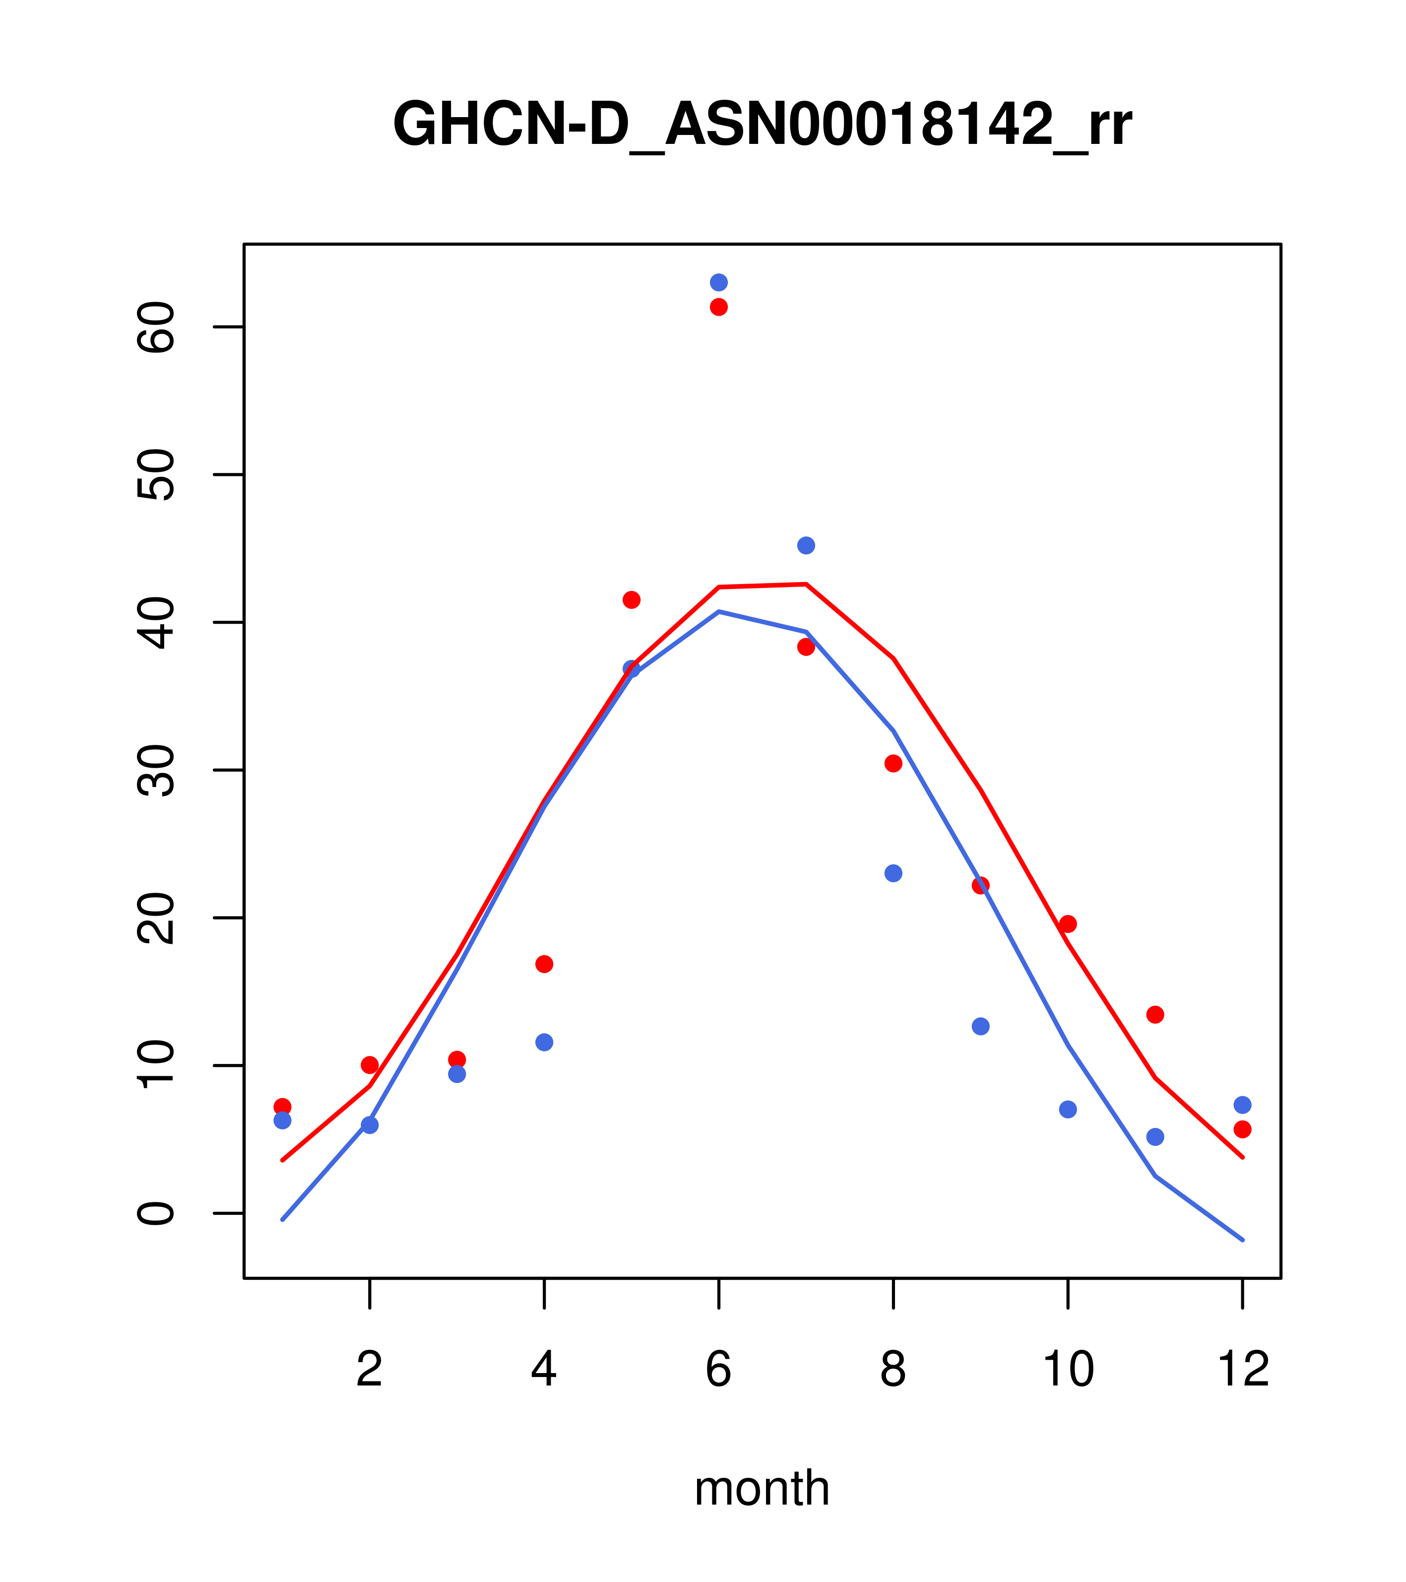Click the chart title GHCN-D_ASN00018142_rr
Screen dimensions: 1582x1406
[762, 124]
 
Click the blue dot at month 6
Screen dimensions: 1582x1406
[719, 282]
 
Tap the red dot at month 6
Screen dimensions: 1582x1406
[719, 307]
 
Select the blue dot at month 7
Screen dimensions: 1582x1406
[806, 546]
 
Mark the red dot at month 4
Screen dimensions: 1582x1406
[545, 964]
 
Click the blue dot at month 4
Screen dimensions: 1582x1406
[545, 1043]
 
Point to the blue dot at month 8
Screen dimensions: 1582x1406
[894, 873]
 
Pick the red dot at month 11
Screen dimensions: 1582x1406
[1155, 1015]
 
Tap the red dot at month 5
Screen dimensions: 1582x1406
[632, 600]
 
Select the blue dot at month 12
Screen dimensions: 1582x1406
[1243, 1105]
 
